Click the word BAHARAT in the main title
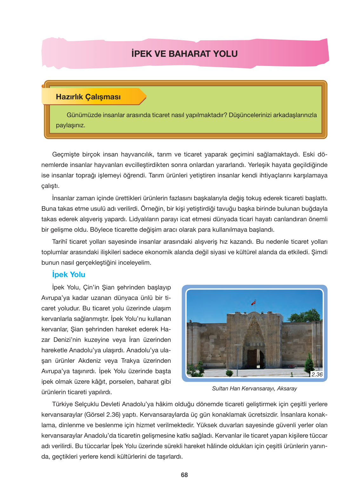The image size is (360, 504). (189, 54)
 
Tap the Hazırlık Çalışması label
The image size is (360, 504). (88, 97)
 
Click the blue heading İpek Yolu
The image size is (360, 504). (69, 275)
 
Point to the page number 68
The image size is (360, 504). (184, 475)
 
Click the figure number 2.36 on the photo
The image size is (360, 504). (317, 375)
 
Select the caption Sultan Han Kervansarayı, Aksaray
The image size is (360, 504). (254, 388)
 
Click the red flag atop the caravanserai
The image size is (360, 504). (253, 302)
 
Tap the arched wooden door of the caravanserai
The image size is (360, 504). (255, 359)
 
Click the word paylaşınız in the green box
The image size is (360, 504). (70, 125)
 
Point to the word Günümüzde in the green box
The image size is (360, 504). (84, 115)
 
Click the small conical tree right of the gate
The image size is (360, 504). (309, 363)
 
